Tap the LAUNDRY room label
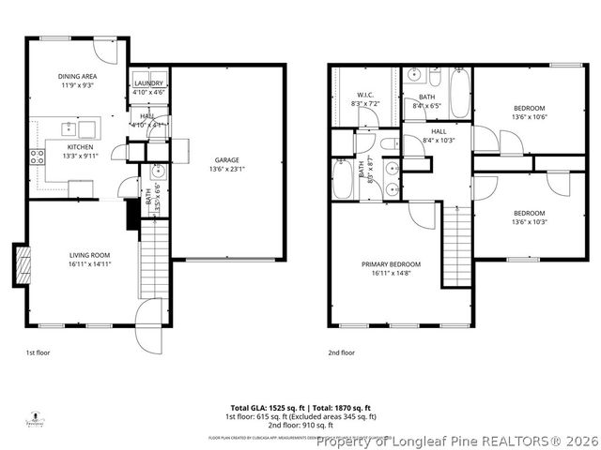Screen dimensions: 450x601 [x=148, y=83]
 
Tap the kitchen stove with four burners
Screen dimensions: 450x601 [x=38, y=157]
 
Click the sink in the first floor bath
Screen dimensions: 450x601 [x=158, y=172]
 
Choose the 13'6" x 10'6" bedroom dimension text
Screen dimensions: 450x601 [x=528, y=117]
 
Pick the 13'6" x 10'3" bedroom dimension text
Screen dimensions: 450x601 [x=528, y=222]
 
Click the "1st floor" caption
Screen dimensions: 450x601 [x=38, y=353]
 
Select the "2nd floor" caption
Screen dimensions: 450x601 [x=341, y=353]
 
